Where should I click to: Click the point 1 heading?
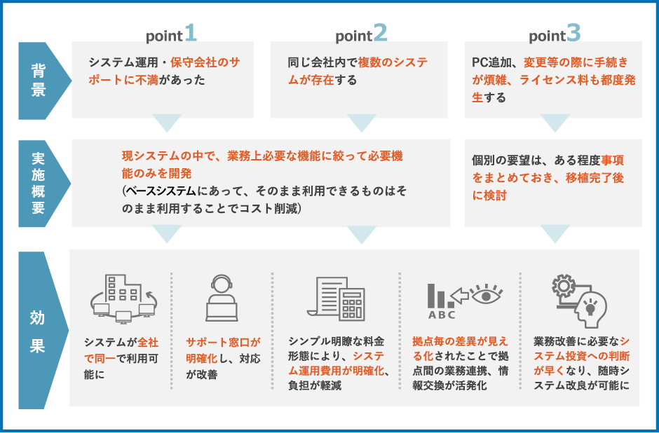coord(171,33)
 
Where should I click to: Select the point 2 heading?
coord(361,33)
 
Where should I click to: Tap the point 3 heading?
coord(555,33)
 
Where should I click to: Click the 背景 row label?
coord(39,81)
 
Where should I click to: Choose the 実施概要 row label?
coord(39,183)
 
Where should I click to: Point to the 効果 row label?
coord(37,331)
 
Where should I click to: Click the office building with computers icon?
coord(123,298)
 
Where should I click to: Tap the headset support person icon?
coord(222,298)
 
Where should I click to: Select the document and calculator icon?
coord(336,298)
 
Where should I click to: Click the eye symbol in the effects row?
coord(487,295)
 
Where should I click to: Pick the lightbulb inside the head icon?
coord(590,308)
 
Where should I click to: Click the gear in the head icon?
coord(563,286)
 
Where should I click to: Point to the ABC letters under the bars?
coord(441,315)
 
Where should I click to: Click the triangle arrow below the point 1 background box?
coord(167,123)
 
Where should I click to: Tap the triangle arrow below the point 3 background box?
coord(555,123)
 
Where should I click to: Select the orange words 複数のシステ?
coord(393,62)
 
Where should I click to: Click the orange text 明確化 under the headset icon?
coord(202,359)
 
